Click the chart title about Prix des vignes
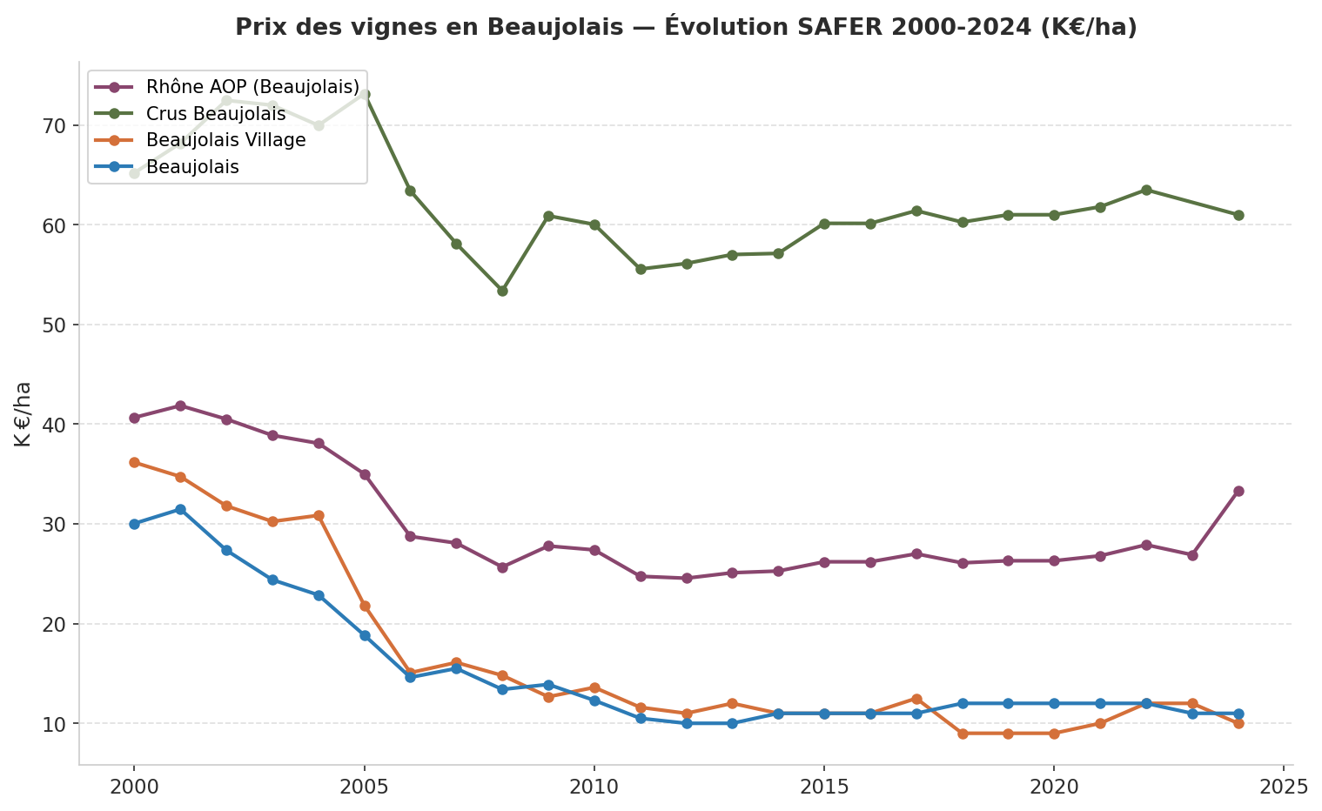(x=686, y=27)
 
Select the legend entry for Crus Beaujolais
(x=216, y=114)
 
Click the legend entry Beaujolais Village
(x=225, y=140)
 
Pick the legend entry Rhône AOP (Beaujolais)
(x=252, y=87)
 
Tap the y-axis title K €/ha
(x=23, y=414)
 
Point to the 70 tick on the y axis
(x=55, y=125)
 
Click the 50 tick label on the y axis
(x=55, y=325)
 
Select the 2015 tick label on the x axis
(x=823, y=787)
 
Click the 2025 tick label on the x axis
(x=1283, y=787)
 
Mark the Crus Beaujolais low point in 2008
(x=502, y=291)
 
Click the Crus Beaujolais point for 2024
(x=1238, y=215)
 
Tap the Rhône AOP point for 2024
(x=1238, y=491)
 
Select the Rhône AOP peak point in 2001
(x=180, y=405)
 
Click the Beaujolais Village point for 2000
(x=134, y=462)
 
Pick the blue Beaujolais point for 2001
(x=180, y=509)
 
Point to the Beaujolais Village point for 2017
(x=916, y=699)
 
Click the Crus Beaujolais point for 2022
(x=1145, y=190)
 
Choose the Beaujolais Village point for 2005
(x=365, y=606)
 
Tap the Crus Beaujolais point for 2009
(x=548, y=216)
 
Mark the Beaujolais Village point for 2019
(x=1008, y=734)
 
